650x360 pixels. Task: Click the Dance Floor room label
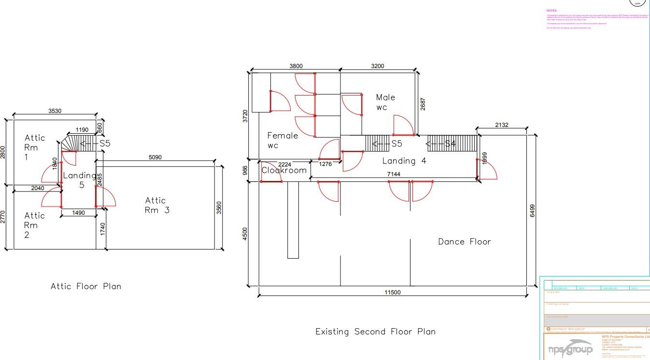click(464, 242)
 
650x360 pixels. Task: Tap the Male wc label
click(385, 102)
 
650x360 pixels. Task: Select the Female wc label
click(282, 140)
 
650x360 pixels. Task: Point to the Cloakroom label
click(284, 170)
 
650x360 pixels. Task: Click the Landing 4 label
click(404, 161)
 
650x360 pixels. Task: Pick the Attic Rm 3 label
click(157, 205)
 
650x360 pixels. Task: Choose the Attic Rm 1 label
click(34, 147)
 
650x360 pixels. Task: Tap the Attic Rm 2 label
click(34, 225)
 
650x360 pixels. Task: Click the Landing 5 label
click(80, 180)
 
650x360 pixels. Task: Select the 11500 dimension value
click(392, 292)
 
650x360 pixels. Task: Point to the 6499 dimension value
click(532, 210)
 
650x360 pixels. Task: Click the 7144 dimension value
click(394, 174)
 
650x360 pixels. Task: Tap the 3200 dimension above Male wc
click(377, 66)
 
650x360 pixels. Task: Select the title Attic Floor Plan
click(86, 286)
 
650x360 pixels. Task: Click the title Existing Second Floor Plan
click(375, 332)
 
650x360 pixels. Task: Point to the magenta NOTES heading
click(551, 10)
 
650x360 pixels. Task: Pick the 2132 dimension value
click(501, 125)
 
